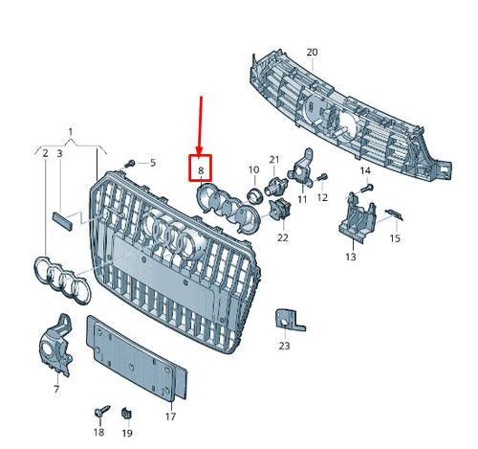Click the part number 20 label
click(312, 52)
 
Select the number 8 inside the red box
click(201, 170)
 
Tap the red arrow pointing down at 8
click(200, 125)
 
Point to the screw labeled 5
click(130, 164)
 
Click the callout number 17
click(170, 416)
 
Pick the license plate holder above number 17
click(137, 357)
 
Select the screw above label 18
click(101, 411)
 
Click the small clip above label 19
click(127, 414)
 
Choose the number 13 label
click(351, 257)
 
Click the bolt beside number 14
click(368, 188)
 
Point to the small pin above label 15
click(394, 214)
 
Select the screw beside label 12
click(322, 177)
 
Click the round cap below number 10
click(255, 195)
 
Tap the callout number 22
click(283, 237)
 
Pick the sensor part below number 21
click(275, 186)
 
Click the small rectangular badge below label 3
click(62, 220)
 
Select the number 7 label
click(56, 389)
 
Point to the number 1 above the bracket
click(71, 131)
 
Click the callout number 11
click(302, 199)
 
